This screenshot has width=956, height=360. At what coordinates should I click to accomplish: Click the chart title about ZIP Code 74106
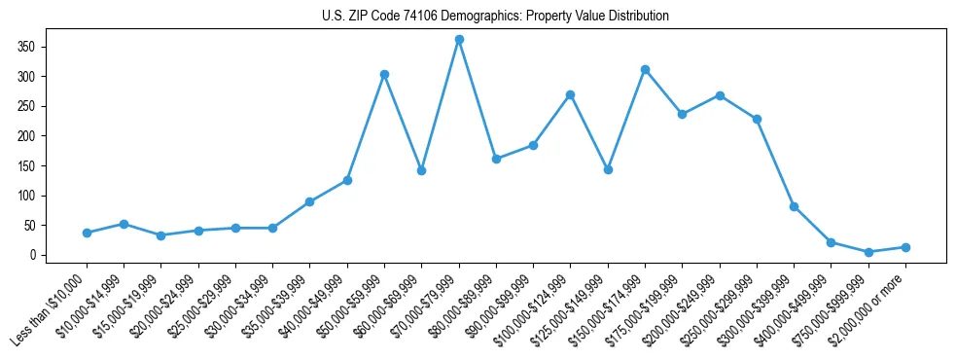(x=495, y=16)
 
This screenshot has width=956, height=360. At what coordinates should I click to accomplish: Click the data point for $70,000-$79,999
(x=459, y=40)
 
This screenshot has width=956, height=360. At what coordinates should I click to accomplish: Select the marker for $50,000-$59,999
(x=384, y=74)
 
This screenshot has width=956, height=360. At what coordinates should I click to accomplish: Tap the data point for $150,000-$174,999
(x=645, y=69)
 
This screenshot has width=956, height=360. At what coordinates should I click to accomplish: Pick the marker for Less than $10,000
(x=87, y=233)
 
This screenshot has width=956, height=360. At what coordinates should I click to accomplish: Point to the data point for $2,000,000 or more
(x=905, y=247)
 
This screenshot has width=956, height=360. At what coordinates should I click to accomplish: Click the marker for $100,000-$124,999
(x=571, y=94)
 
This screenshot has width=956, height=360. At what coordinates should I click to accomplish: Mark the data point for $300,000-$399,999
(x=794, y=206)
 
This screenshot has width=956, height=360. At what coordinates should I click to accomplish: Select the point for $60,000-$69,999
(x=422, y=170)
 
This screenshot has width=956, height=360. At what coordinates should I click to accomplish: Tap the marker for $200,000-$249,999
(x=720, y=95)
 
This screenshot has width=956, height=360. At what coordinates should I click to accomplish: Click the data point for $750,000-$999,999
(x=868, y=252)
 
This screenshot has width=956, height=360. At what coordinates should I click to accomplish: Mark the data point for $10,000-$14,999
(x=124, y=224)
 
